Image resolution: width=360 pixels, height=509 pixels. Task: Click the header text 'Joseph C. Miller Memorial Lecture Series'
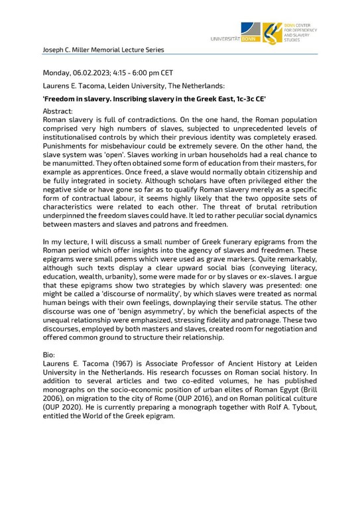(103, 50)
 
